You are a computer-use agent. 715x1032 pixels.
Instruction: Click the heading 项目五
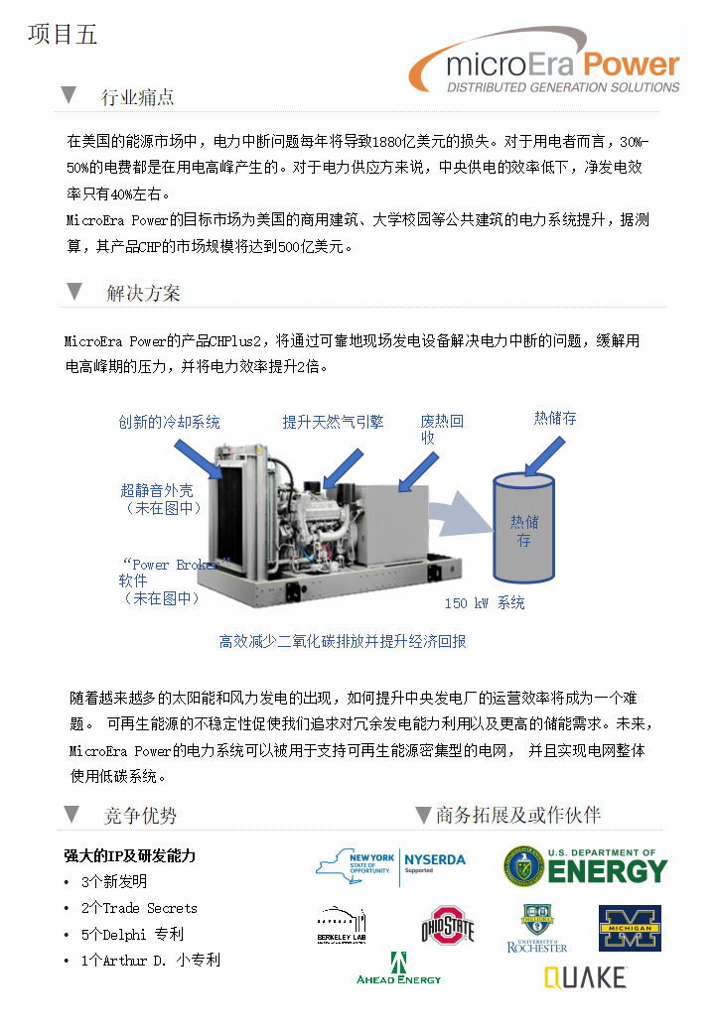click(x=63, y=35)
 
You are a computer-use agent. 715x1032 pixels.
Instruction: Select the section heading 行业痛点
click(x=138, y=97)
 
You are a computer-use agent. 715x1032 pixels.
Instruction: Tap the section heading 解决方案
click(x=144, y=294)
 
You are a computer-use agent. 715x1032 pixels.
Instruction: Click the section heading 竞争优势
click(x=141, y=816)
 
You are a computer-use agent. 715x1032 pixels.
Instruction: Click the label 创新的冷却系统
click(x=169, y=423)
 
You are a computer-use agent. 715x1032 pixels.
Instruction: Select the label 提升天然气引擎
click(x=333, y=423)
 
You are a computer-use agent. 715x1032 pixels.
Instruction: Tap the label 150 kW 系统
click(x=485, y=603)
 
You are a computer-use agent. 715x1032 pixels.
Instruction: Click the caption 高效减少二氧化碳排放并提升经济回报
click(x=343, y=641)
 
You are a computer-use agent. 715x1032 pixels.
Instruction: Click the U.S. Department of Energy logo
click(x=585, y=865)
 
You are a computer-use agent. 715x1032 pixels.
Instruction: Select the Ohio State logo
click(x=448, y=926)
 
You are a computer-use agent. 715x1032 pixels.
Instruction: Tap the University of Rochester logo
click(x=537, y=928)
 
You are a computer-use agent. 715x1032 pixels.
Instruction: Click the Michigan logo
click(x=629, y=928)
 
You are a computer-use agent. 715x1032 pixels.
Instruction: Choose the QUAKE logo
click(x=585, y=977)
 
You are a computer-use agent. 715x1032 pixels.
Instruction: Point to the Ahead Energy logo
click(x=398, y=968)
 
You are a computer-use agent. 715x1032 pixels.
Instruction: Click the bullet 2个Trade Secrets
click(x=139, y=908)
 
